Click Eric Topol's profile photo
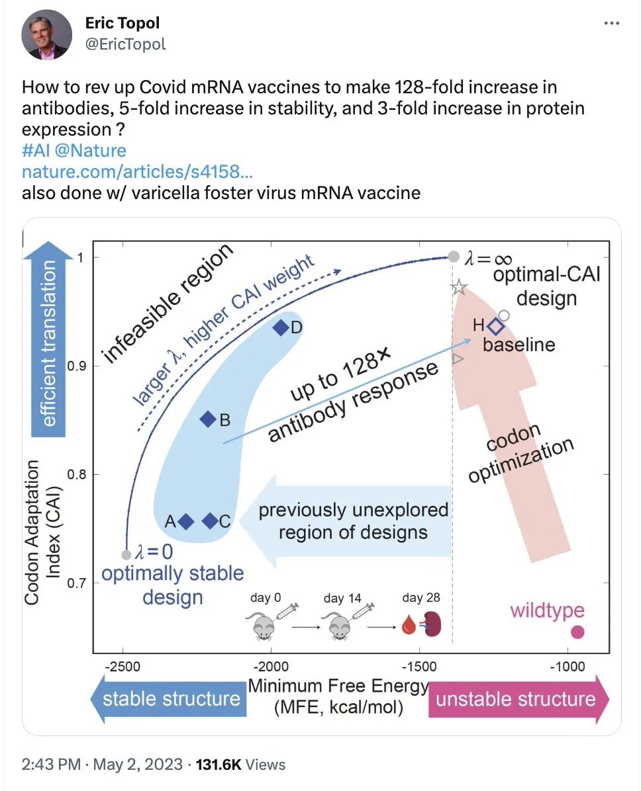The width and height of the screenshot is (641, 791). click(46, 34)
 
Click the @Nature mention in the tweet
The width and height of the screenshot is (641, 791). click(95, 150)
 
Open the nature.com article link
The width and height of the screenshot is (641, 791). click(137, 172)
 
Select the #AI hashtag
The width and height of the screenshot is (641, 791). click(36, 150)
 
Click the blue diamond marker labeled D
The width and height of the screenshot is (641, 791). click(281, 327)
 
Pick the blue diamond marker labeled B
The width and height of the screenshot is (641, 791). click(209, 419)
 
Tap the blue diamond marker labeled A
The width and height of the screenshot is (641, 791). click(186, 522)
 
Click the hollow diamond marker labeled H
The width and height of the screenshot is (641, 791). click(495, 326)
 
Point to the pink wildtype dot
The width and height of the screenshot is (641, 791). click(577, 632)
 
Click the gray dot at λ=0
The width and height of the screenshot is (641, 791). click(126, 554)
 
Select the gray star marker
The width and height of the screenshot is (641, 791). click(459, 288)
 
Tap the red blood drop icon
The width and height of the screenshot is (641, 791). click(408, 625)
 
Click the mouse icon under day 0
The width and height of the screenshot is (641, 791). click(260, 625)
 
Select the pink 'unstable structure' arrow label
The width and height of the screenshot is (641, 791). click(517, 699)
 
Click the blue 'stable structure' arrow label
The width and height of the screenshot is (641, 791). click(171, 698)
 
